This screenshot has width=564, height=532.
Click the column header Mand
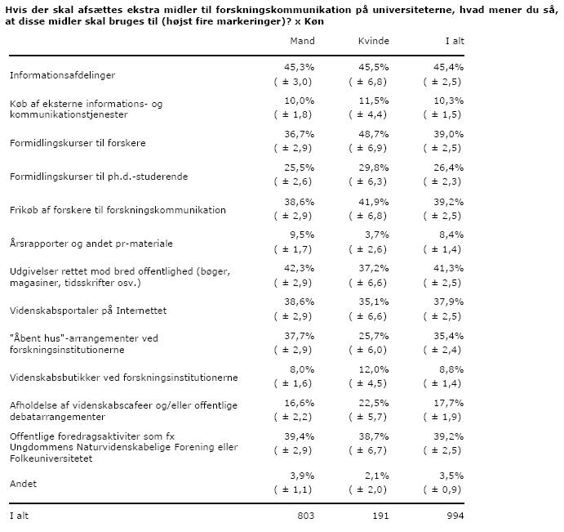tap(303, 41)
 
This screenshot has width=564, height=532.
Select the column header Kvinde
tap(374, 41)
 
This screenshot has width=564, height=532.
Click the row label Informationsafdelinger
tap(62, 75)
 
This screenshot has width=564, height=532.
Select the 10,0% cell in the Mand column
tap(301, 100)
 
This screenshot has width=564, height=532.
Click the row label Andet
tap(23, 484)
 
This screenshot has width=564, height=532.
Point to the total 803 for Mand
tap(305, 516)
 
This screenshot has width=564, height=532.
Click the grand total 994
tap(455, 516)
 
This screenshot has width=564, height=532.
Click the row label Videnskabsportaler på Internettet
tap(88, 311)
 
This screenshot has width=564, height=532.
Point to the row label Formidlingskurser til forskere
tap(78, 143)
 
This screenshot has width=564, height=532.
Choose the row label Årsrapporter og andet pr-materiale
tap(91, 244)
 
